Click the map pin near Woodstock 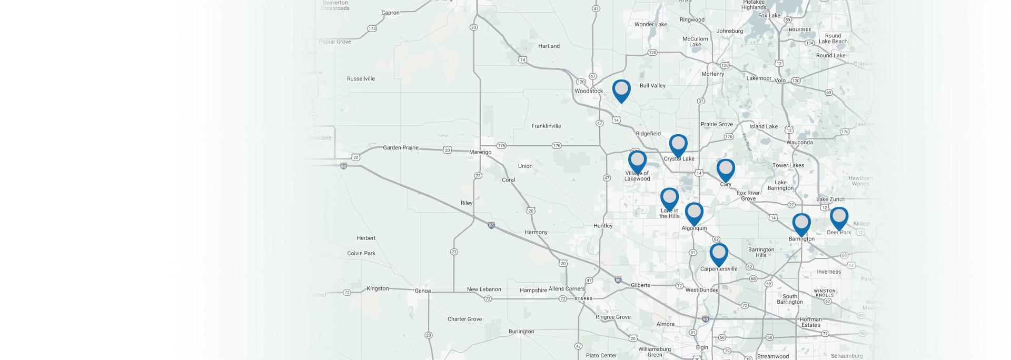(621, 89)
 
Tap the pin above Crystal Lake (678, 144)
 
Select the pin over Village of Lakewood (637, 161)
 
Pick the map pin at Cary (726, 169)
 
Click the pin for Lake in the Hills (669, 198)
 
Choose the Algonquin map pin (694, 213)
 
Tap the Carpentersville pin (719, 253)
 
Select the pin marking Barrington (801, 224)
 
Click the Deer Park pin (839, 217)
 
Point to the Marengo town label (480, 152)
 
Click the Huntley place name (603, 226)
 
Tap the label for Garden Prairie (401, 148)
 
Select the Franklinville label (546, 126)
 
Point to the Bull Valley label (652, 86)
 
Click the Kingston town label (378, 288)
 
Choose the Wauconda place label (799, 143)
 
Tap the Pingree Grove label (613, 317)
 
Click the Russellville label (361, 79)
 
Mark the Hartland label (549, 46)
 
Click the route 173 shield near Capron (372, 28)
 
